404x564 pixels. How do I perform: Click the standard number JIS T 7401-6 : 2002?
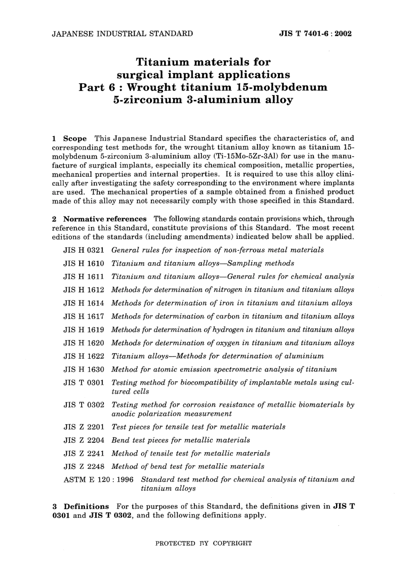click(x=315, y=34)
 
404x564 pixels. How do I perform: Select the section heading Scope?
click(x=75, y=139)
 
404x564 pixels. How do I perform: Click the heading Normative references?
click(x=105, y=219)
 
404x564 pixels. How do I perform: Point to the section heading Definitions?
click(x=86, y=507)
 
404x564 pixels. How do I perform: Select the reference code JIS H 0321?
click(x=84, y=250)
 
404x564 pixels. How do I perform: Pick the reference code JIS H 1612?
click(x=84, y=290)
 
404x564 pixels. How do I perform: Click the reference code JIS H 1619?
click(x=84, y=330)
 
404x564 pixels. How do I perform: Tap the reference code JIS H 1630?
click(x=84, y=369)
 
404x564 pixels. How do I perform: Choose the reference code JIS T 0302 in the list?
click(x=84, y=405)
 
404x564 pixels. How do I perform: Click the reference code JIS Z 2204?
click(x=84, y=440)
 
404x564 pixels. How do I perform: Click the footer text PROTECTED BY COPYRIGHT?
click(x=204, y=543)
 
